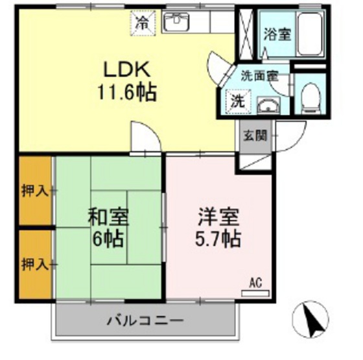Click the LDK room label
coord(125,69)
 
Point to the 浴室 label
coord(277,34)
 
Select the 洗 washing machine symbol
coord(238,101)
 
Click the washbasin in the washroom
coord(266,105)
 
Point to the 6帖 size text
coord(108,239)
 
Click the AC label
coord(255,282)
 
